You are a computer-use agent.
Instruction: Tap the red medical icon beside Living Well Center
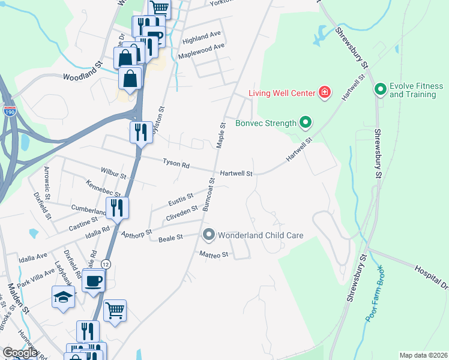[x=325, y=92]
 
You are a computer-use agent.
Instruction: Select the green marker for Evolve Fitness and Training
[x=380, y=90]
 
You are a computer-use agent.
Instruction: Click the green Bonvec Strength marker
[x=305, y=123]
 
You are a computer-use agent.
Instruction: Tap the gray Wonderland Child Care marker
[x=209, y=235]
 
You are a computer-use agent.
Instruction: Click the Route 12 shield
[x=106, y=264]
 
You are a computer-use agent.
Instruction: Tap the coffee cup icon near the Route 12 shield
[x=94, y=281]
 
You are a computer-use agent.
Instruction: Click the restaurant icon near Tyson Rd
[x=141, y=132]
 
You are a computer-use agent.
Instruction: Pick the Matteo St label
[x=214, y=255]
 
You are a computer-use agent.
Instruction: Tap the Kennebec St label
[x=103, y=188]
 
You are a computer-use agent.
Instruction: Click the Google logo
[x=20, y=353]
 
